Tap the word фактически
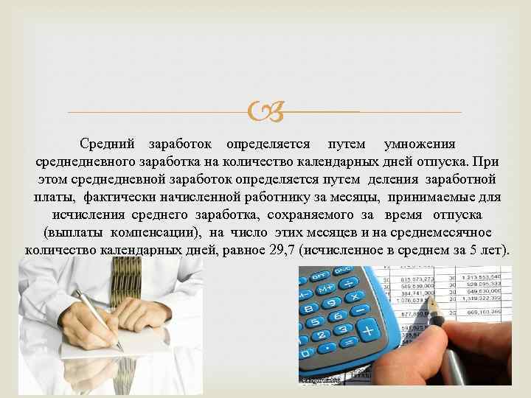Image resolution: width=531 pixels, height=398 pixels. [117, 197]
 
